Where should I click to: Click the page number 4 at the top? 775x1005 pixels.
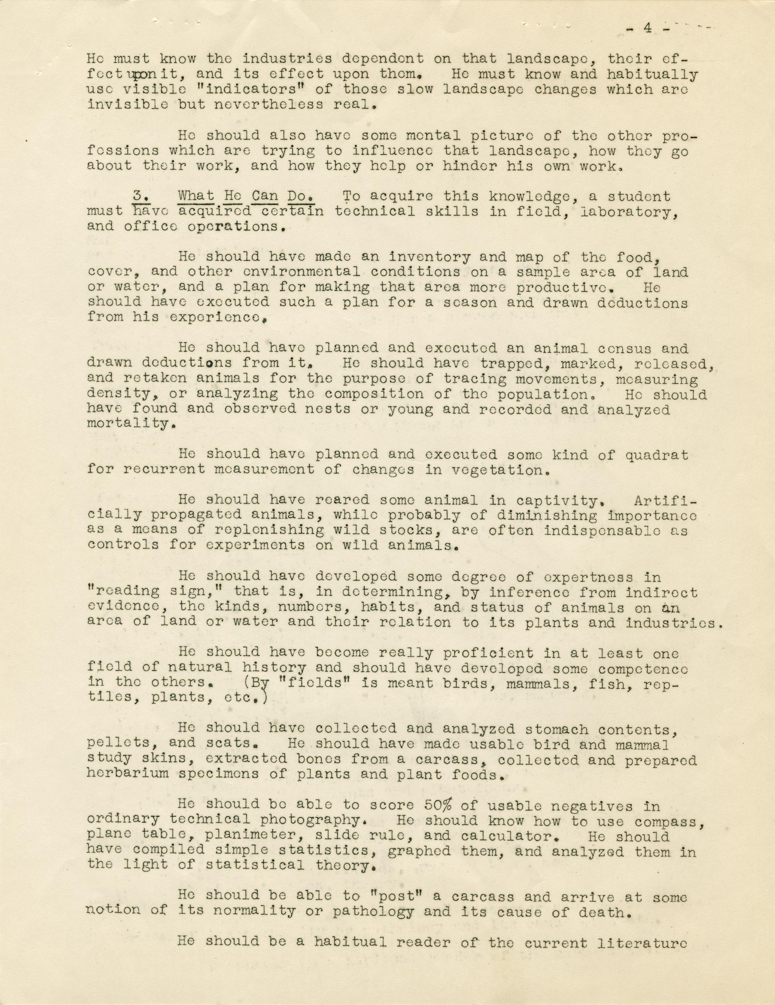[647, 29]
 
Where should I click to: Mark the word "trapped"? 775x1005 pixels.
[509, 364]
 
